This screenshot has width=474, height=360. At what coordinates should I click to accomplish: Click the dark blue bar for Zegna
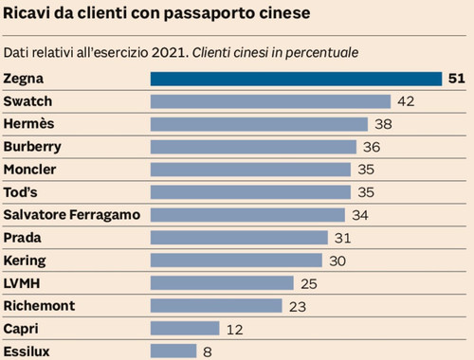pyautogui.click(x=296, y=79)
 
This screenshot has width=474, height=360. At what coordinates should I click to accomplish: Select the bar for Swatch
pyautogui.click(x=270, y=101)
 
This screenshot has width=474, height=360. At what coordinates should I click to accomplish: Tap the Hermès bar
pyautogui.click(x=259, y=124)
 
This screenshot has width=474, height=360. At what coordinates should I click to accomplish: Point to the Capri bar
pyautogui.click(x=185, y=328)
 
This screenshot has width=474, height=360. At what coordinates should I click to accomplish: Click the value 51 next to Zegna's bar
pyautogui.click(x=456, y=79)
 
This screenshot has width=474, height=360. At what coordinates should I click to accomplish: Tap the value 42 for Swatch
pyautogui.click(x=406, y=101)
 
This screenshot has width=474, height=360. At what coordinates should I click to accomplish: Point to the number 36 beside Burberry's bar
pyautogui.click(x=372, y=147)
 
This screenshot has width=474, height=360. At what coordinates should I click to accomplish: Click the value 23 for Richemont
pyautogui.click(x=298, y=305)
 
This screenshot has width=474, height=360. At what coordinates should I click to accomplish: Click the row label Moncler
pyautogui.click(x=29, y=170)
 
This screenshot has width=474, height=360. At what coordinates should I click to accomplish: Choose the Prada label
pyautogui.click(x=22, y=238)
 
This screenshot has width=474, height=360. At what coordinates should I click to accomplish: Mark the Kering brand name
pyautogui.click(x=25, y=260)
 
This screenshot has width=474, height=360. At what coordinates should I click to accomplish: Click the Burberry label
pyautogui.click(x=33, y=147)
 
